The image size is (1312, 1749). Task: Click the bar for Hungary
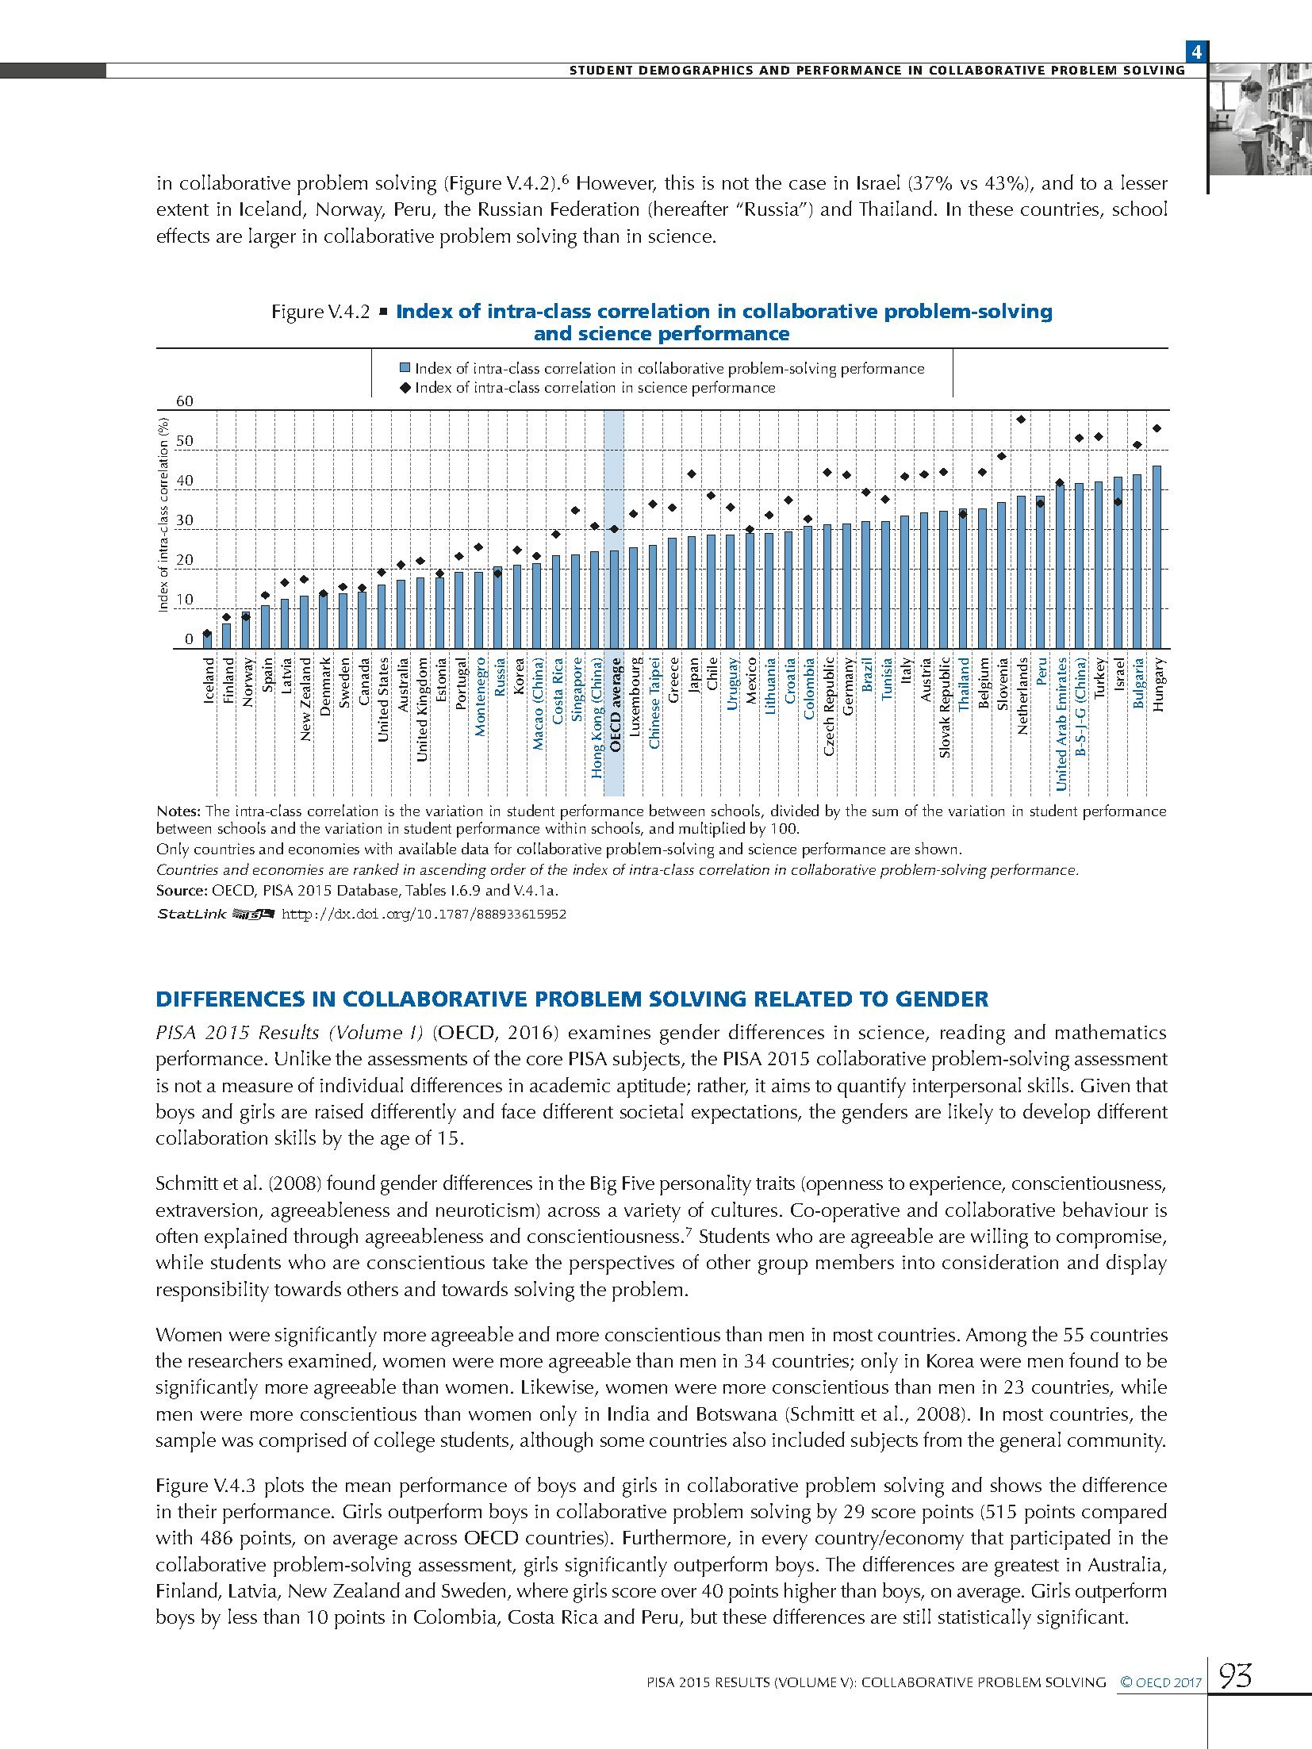(x=1157, y=557)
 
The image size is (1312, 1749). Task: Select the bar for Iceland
(x=208, y=641)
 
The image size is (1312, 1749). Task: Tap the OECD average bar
(x=614, y=599)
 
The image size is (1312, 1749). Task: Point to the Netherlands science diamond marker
(x=1021, y=420)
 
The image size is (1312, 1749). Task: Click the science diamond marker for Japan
(x=691, y=474)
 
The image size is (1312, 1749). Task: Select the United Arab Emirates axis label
(x=1061, y=723)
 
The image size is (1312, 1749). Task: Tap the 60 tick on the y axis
(x=184, y=401)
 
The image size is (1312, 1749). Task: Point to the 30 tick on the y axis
(x=184, y=520)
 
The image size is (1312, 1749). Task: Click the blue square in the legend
(x=405, y=369)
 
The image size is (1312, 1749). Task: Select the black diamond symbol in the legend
(x=405, y=388)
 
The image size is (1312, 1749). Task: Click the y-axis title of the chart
(x=163, y=515)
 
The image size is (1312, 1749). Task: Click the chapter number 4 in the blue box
(x=1195, y=53)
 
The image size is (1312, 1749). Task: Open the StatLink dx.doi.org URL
(x=424, y=914)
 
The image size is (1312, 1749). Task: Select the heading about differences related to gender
(x=572, y=999)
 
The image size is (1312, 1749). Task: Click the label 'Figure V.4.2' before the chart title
(x=320, y=312)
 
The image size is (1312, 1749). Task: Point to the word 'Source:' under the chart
(x=182, y=890)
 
